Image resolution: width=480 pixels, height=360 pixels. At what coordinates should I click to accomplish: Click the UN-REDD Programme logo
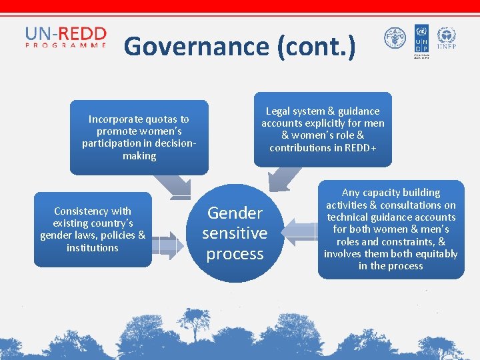click(65, 37)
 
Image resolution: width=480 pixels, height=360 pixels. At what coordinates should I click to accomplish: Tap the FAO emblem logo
click(395, 39)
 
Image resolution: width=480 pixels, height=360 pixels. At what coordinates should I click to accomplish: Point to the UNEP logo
click(446, 39)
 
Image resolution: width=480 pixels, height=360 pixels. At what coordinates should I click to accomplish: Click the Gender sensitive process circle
click(234, 233)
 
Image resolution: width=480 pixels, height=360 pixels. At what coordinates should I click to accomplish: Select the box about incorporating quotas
click(139, 137)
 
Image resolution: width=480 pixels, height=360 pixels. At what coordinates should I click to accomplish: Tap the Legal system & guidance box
click(323, 129)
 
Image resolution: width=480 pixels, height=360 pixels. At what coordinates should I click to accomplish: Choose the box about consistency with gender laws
click(93, 229)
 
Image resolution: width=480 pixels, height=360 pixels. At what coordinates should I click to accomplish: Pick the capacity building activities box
click(391, 229)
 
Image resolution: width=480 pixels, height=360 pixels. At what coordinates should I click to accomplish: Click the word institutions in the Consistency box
click(93, 247)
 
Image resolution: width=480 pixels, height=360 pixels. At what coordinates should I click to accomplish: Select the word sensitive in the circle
click(234, 233)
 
